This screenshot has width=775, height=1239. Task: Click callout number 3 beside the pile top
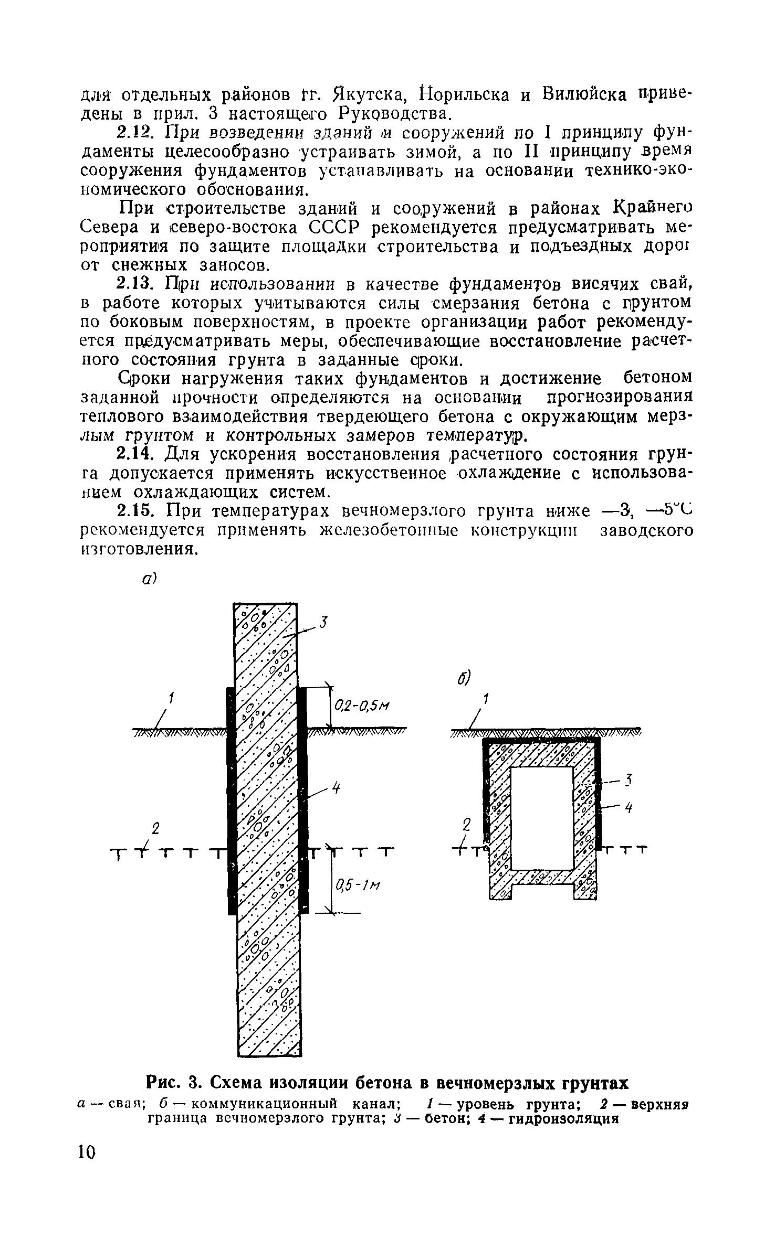(324, 623)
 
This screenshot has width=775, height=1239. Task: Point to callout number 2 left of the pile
(155, 829)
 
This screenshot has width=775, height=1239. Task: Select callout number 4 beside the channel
(627, 808)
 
